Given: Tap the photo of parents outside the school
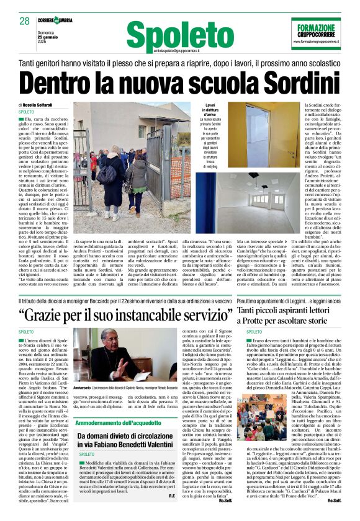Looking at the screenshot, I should point(132,166).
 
